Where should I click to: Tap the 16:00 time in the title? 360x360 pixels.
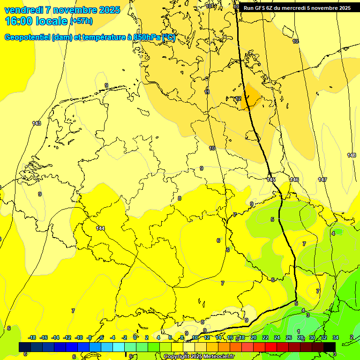point(19,21)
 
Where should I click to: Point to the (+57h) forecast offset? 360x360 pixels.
point(81,21)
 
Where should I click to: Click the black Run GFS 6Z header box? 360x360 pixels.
point(297,8)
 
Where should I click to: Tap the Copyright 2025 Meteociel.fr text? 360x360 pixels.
point(199,357)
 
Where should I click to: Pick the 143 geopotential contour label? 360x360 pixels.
point(37,123)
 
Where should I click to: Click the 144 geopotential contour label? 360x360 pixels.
point(100,228)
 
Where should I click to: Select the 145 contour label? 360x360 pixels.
point(271,180)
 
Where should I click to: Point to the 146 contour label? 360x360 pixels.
point(294,180)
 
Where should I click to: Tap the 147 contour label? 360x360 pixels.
point(322,180)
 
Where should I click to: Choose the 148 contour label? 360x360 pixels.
point(352,155)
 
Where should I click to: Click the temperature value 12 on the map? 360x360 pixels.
point(238,98)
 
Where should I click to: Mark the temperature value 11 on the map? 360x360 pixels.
point(207,92)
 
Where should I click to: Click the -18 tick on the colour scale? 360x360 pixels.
point(32,337)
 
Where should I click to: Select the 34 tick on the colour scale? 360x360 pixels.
point(336,337)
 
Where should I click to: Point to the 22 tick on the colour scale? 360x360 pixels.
point(265,337)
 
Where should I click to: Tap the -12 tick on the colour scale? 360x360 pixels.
point(67,337)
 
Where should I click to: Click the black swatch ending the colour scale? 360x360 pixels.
point(330,347)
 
